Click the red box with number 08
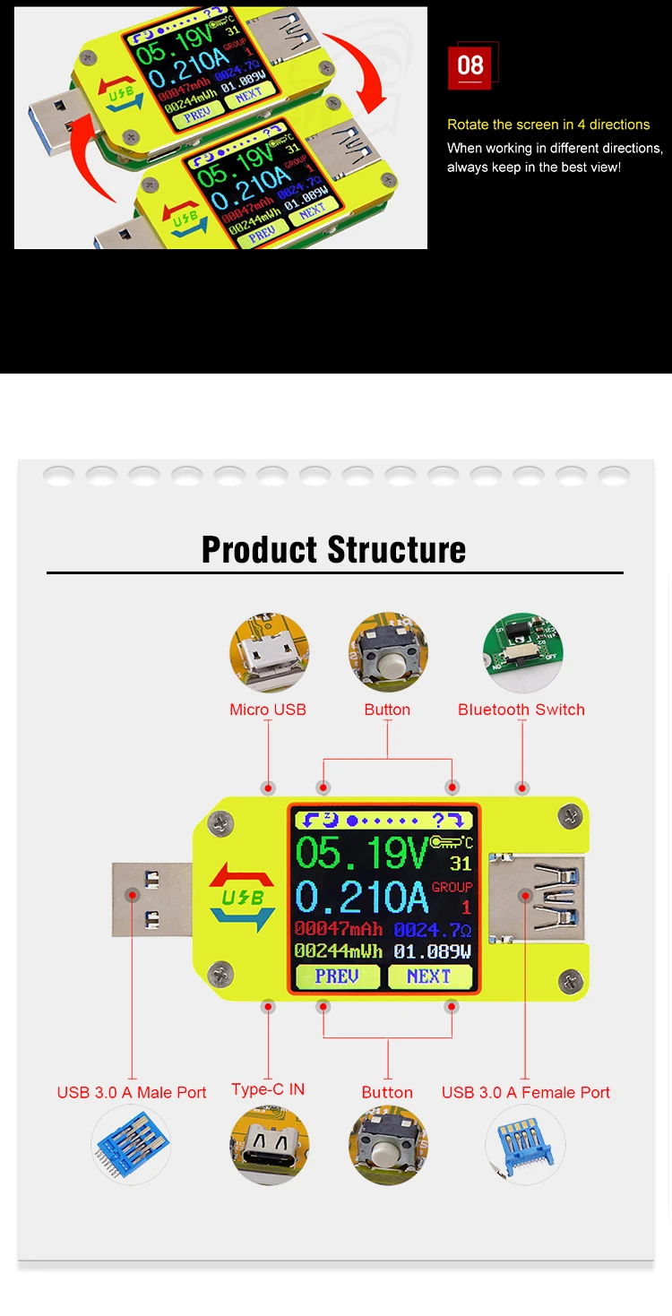coord(470,65)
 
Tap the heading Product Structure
coord(333,549)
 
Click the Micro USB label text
coord(268,710)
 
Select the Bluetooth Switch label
coord(521,710)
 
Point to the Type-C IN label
coord(268,1089)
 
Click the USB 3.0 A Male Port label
coord(132,1092)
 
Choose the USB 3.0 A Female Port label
coord(525,1092)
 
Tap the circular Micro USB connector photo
coord(268,650)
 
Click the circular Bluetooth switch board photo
coord(521,650)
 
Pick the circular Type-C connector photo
coord(268,1146)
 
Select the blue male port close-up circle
coord(131,1146)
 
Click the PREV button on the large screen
coord(337,976)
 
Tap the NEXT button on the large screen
coord(428,976)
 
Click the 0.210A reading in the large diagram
coord(362,897)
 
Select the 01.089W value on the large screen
coord(433,951)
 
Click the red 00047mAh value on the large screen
coord(338,929)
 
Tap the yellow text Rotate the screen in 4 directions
coord(548,125)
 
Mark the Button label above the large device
coord(387,710)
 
